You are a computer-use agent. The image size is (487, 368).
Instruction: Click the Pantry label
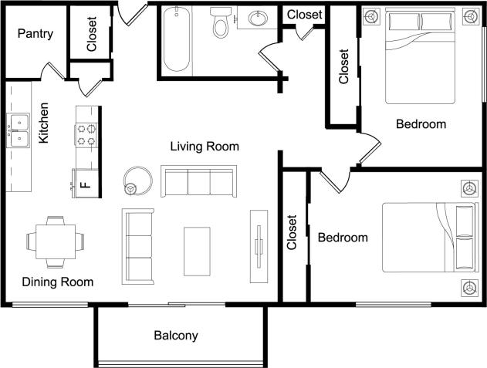[35, 34]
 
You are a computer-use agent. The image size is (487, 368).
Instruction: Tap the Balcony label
[176, 336]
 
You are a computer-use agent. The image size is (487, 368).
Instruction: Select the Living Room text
[205, 146]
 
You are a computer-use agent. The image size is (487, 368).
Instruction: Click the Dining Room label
[57, 282]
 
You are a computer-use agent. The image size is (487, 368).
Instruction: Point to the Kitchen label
[44, 123]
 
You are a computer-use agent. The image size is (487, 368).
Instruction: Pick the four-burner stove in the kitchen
[86, 135]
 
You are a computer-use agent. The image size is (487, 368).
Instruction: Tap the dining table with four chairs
[56, 241]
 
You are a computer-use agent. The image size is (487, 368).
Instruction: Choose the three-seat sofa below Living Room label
[198, 181]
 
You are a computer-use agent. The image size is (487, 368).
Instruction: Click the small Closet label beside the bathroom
[304, 14]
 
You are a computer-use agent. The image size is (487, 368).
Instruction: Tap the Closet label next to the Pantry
[92, 35]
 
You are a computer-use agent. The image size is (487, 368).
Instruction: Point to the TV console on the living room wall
[259, 244]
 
